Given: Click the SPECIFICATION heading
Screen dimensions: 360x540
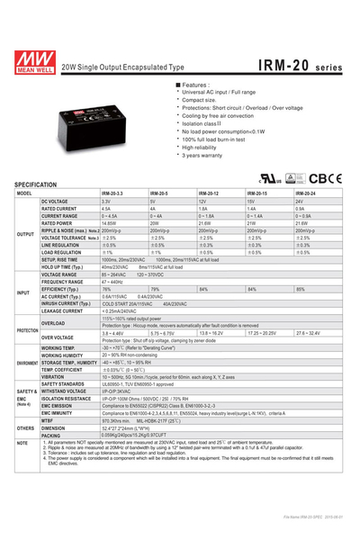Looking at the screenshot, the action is tap(41, 184).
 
